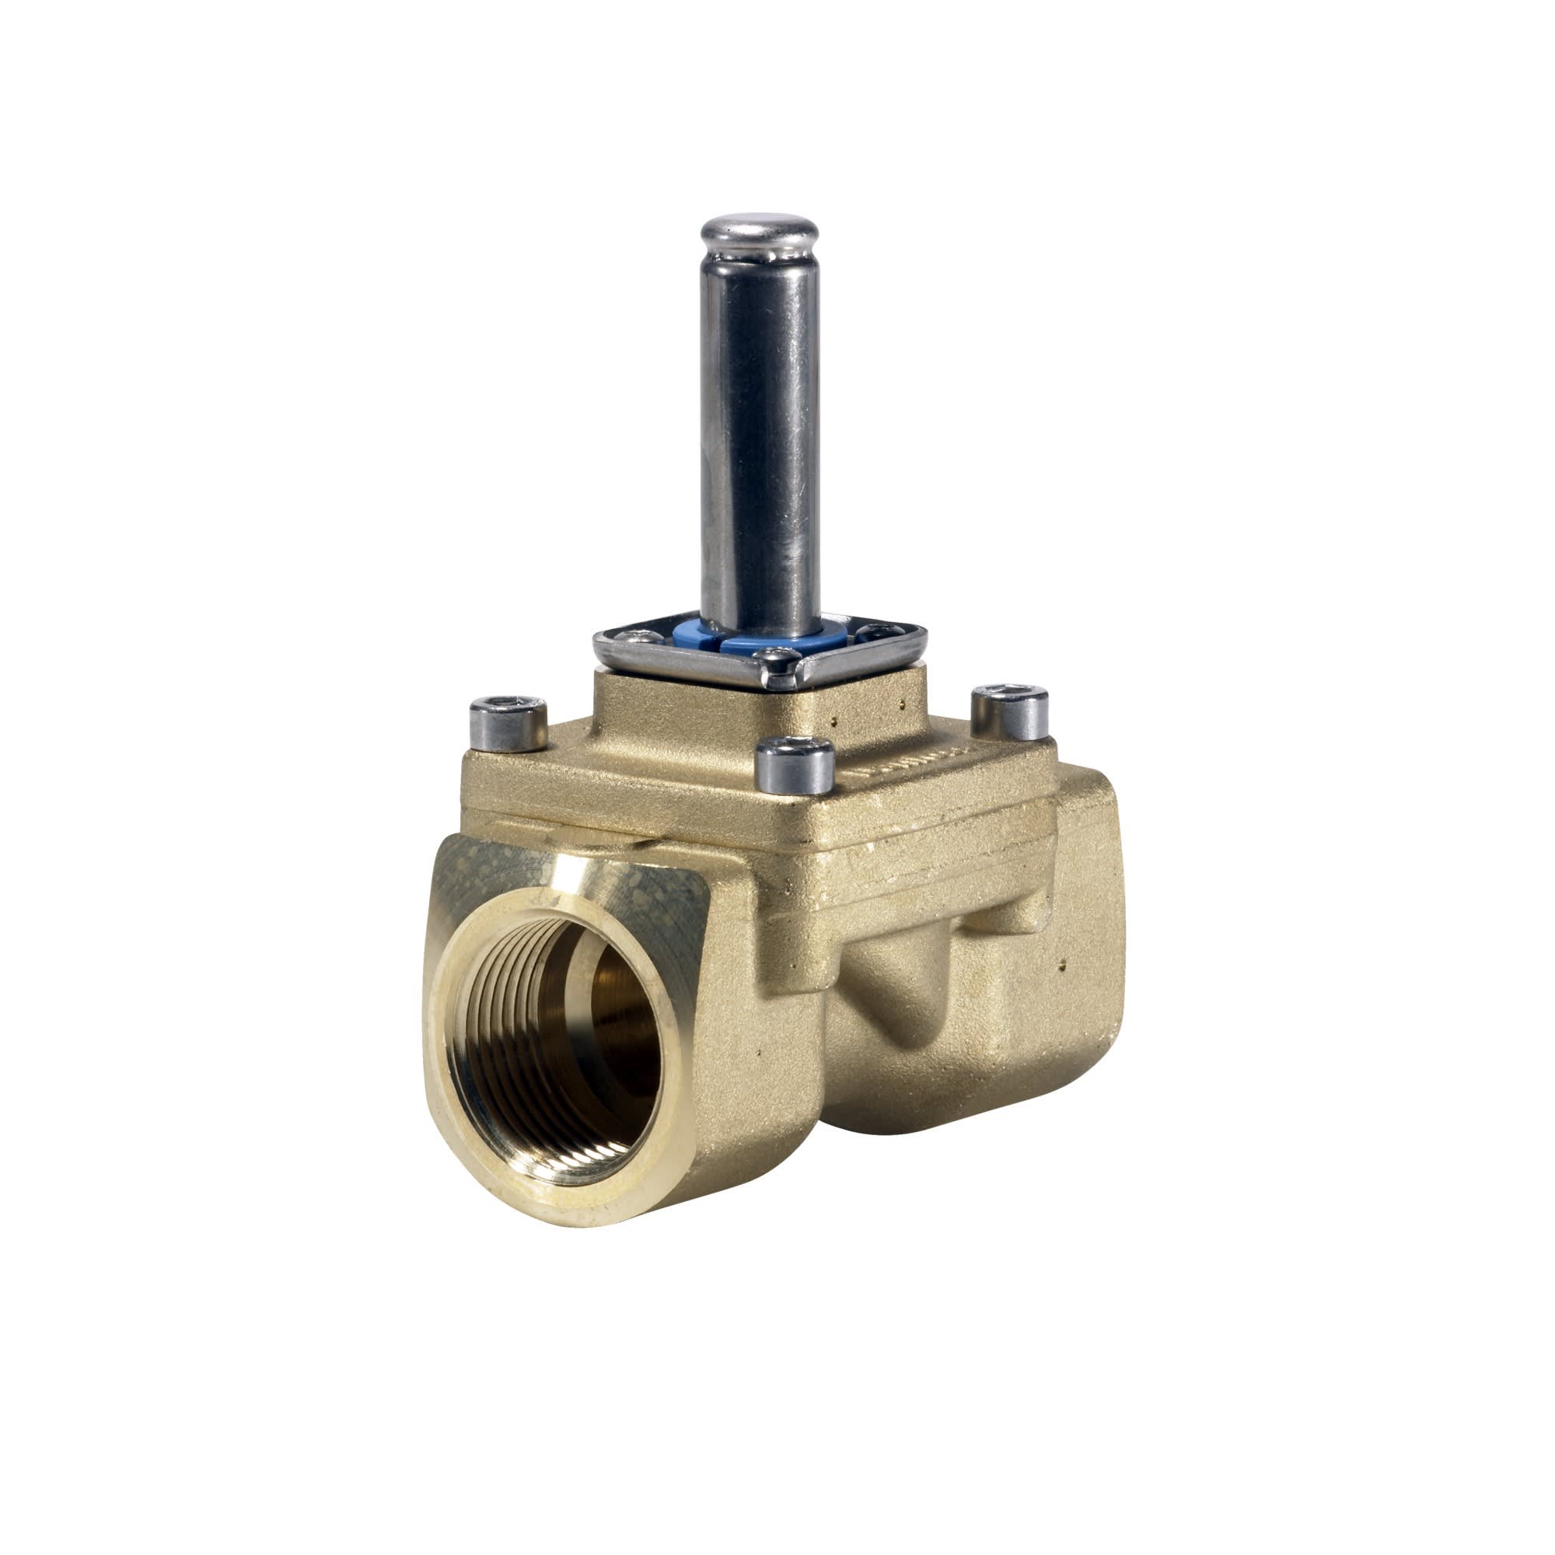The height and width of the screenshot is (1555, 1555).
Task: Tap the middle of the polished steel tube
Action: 759,435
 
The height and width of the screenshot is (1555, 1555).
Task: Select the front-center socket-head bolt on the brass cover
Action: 795,760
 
